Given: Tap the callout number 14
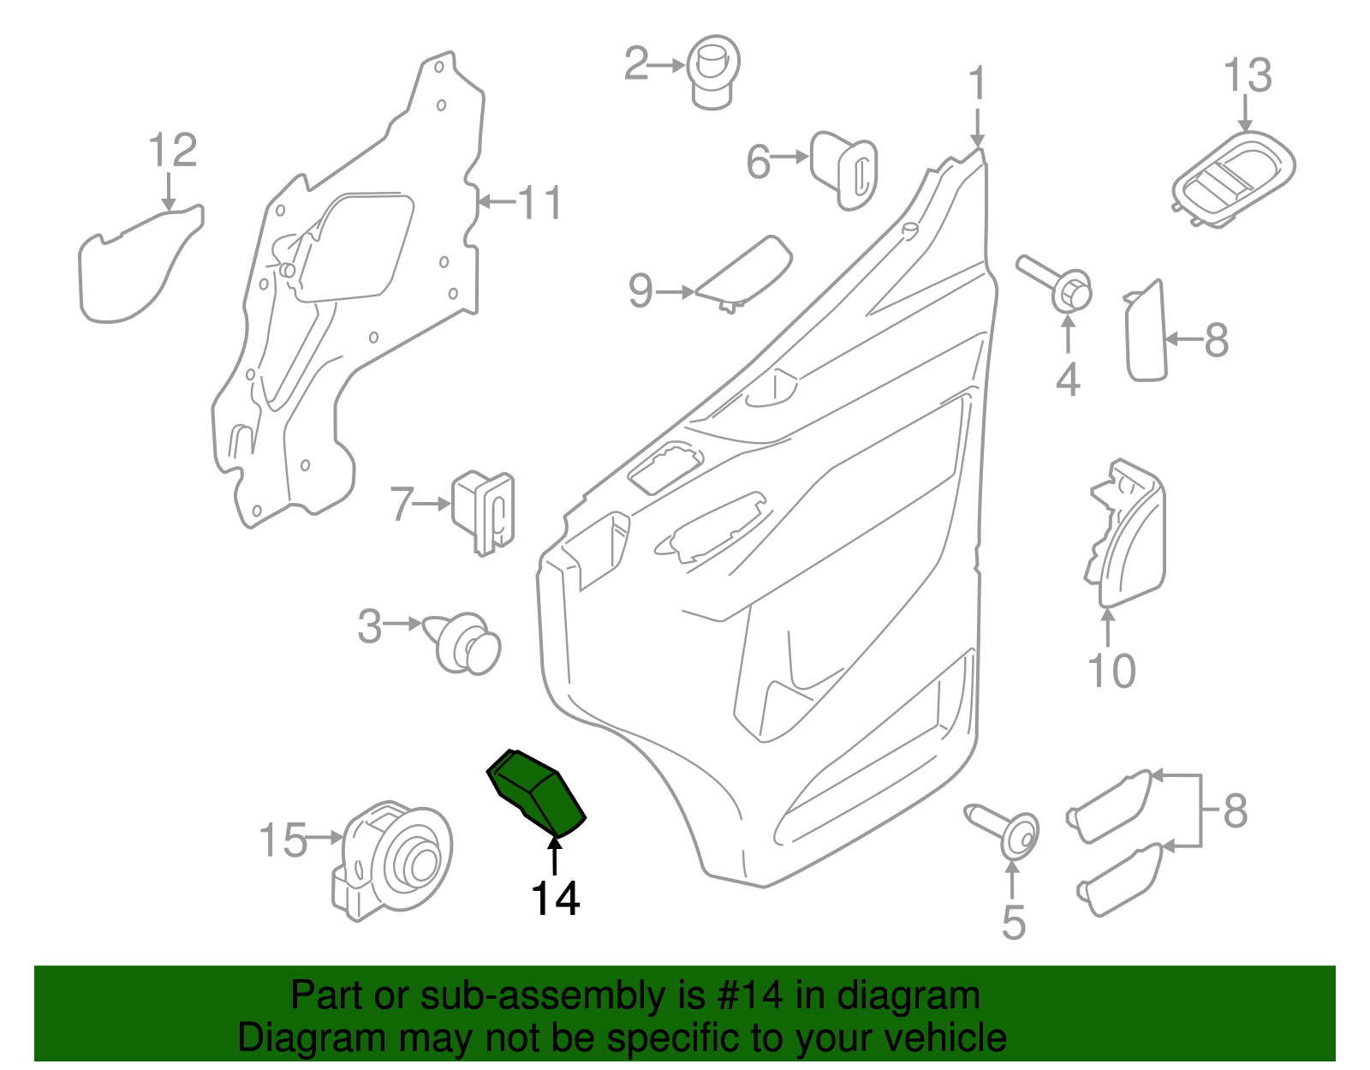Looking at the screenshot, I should click(556, 899).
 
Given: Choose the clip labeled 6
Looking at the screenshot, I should click(844, 170).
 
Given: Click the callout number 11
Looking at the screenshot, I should click(540, 203).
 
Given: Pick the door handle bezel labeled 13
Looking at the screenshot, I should click(1233, 180).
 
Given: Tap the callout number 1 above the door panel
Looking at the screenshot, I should click(977, 85).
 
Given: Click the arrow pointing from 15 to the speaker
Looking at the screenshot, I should click(325, 837).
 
